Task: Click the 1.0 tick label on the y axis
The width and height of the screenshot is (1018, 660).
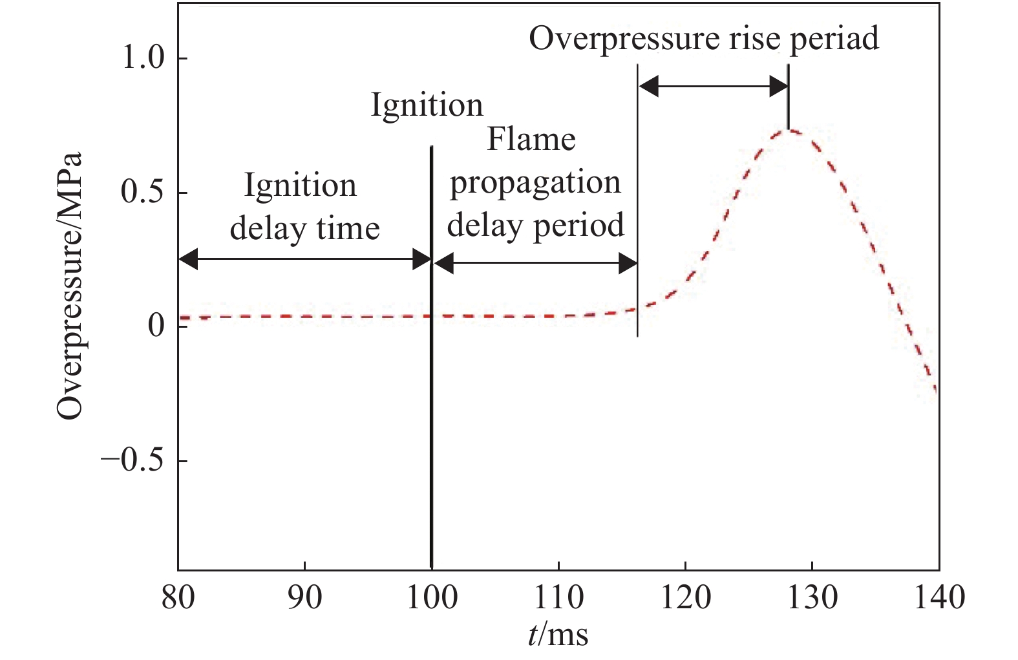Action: pos(143,59)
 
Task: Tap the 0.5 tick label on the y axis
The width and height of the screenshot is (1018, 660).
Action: pos(143,193)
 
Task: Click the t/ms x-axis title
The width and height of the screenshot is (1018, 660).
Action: pos(558,635)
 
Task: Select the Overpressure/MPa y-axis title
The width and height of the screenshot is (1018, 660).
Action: pos(70,286)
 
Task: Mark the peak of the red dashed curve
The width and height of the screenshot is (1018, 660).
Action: pos(789,131)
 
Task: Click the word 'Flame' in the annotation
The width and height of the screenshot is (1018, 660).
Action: pos(531,140)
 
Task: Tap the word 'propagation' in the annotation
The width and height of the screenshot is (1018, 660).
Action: pos(535,183)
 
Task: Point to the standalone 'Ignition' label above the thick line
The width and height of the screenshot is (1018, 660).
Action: pos(427,105)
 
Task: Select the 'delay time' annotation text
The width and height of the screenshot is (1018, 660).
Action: pos(304,228)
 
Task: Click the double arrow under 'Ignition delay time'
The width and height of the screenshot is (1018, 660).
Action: pos(304,261)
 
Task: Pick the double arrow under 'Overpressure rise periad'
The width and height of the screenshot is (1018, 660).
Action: pos(713,86)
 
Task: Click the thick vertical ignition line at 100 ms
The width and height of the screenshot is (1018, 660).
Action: pos(431,388)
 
